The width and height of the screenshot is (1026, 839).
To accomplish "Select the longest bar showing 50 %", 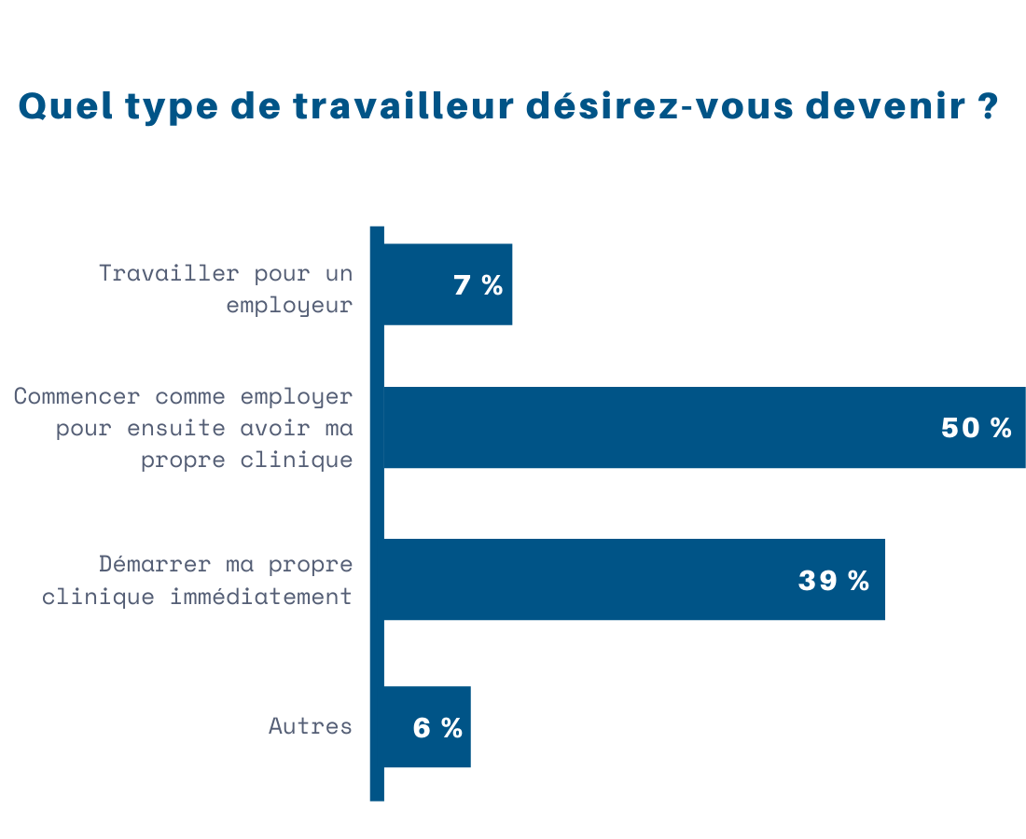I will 653,427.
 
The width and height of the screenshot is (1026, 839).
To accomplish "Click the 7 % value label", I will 478,285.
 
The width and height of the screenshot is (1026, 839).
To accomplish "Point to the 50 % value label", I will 976,428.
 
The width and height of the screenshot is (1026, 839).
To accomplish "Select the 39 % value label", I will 833,580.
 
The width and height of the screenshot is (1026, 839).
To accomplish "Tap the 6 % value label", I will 437,728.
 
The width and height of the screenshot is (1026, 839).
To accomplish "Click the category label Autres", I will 311,725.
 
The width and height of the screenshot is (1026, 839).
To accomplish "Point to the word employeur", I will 289,305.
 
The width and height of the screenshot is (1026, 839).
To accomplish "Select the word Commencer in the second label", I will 77,396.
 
